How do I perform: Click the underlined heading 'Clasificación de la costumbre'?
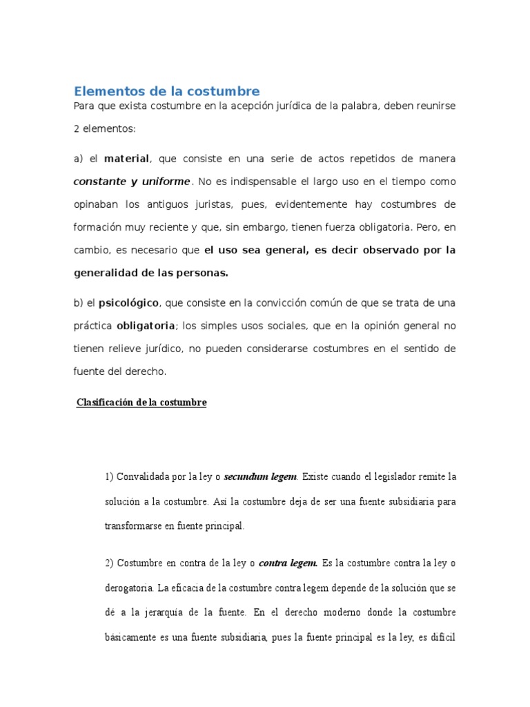[x=141, y=402]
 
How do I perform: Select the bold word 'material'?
[x=126, y=159]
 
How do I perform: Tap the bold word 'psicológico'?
[x=129, y=302]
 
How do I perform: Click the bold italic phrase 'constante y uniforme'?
[x=131, y=182]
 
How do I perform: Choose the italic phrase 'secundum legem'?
[x=260, y=476]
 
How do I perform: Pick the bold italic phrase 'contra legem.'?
[x=288, y=563]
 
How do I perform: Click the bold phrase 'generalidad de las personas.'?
[x=150, y=273]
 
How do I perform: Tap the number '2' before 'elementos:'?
[x=77, y=128]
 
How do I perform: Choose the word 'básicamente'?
[x=133, y=637]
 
